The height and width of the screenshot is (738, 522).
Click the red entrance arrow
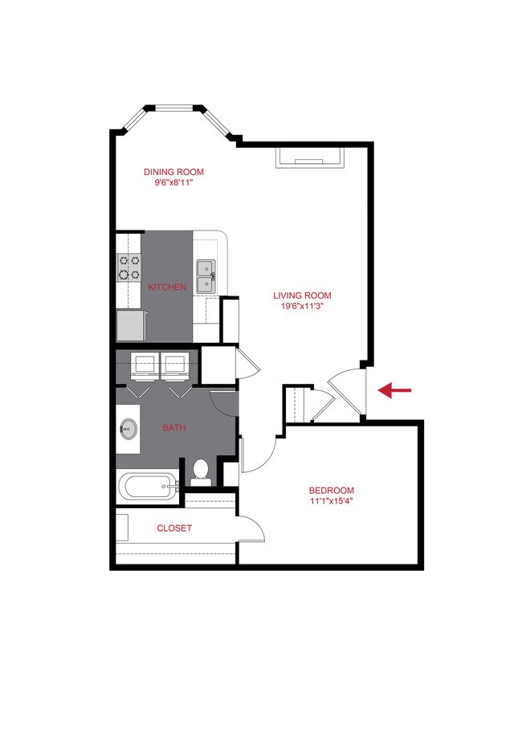click(x=394, y=390)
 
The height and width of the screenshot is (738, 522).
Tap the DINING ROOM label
click(x=173, y=172)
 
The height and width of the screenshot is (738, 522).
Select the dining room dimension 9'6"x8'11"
click(x=173, y=182)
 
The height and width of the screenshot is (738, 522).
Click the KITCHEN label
click(x=167, y=287)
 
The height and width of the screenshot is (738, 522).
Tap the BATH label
click(x=174, y=428)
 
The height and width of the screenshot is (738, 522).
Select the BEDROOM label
click(x=332, y=491)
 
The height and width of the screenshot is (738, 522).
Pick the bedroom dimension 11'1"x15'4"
click(x=332, y=502)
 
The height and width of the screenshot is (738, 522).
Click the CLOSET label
click(x=174, y=528)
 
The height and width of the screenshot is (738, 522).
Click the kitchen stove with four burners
click(x=128, y=267)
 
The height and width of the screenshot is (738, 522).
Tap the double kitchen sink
click(x=206, y=275)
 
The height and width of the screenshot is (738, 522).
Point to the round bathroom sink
click(x=128, y=430)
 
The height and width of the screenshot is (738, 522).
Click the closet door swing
click(x=250, y=530)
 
